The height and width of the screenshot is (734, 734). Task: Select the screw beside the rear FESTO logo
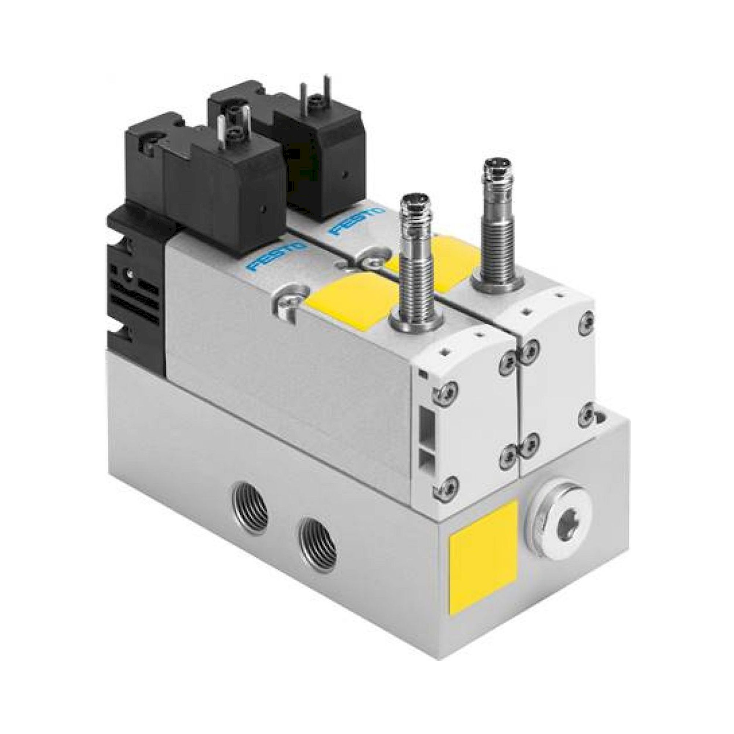[371, 259]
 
